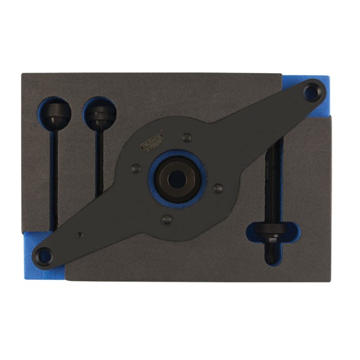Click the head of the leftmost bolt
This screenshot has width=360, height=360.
(55, 112)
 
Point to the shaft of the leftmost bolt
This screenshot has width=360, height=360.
(55, 174)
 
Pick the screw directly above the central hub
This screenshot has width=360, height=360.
(187, 137)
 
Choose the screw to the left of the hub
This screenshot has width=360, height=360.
(137, 168)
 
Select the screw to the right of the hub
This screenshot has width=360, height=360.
(217, 188)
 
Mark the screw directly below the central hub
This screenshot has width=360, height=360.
(167, 220)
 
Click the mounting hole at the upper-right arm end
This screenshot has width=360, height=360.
(311, 93)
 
